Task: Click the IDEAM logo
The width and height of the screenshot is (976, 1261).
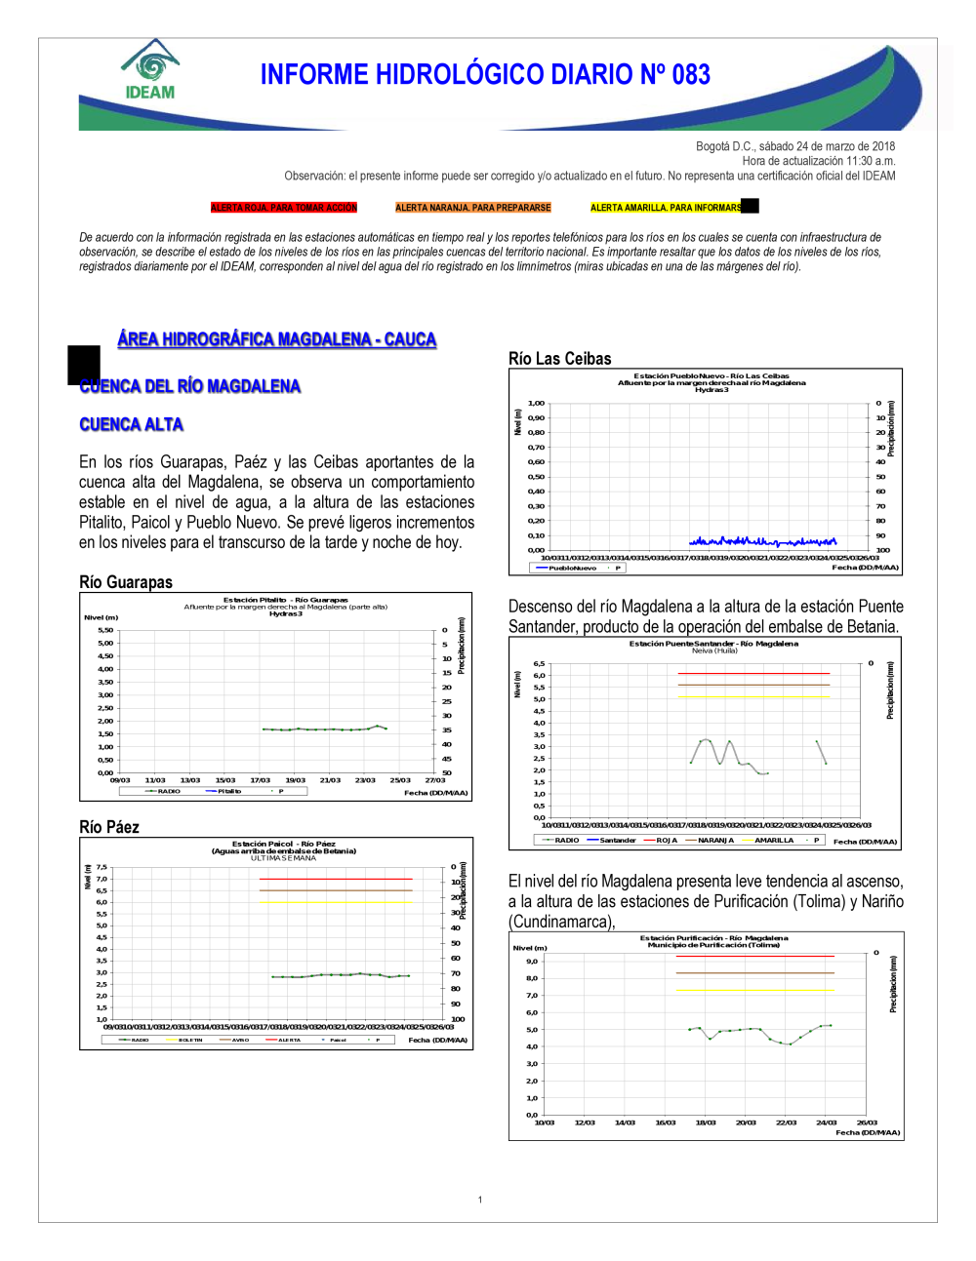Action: tap(150, 70)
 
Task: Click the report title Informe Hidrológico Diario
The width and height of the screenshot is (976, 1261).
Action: tap(485, 75)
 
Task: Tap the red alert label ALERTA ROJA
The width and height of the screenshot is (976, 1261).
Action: tap(284, 208)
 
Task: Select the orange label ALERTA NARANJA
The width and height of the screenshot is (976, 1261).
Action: tap(473, 208)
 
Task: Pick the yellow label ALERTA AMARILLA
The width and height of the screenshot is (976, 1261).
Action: tap(667, 208)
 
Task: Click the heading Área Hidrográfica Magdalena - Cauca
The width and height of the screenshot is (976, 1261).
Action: tap(277, 339)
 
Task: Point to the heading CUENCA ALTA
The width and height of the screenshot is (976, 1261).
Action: tap(131, 424)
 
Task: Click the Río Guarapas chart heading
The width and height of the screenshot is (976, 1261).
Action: tap(126, 582)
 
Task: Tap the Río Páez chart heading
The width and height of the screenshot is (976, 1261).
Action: tap(109, 827)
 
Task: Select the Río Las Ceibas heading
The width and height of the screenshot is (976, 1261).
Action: tap(560, 359)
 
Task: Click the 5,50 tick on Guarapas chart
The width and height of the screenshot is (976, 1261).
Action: tap(105, 630)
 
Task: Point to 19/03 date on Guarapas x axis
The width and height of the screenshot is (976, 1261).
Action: tap(295, 780)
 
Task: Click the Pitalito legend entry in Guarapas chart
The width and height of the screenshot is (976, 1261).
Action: tap(229, 791)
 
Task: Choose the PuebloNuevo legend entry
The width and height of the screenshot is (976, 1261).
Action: tap(572, 568)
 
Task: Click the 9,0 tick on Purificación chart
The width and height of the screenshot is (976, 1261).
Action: tap(532, 962)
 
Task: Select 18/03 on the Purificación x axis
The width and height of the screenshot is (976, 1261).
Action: tap(705, 1123)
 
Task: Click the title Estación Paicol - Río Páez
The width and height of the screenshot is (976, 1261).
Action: tap(283, 844)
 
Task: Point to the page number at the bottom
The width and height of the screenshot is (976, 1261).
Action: tap(480, 1200)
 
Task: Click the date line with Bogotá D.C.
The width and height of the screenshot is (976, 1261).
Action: tap(794, 146)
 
